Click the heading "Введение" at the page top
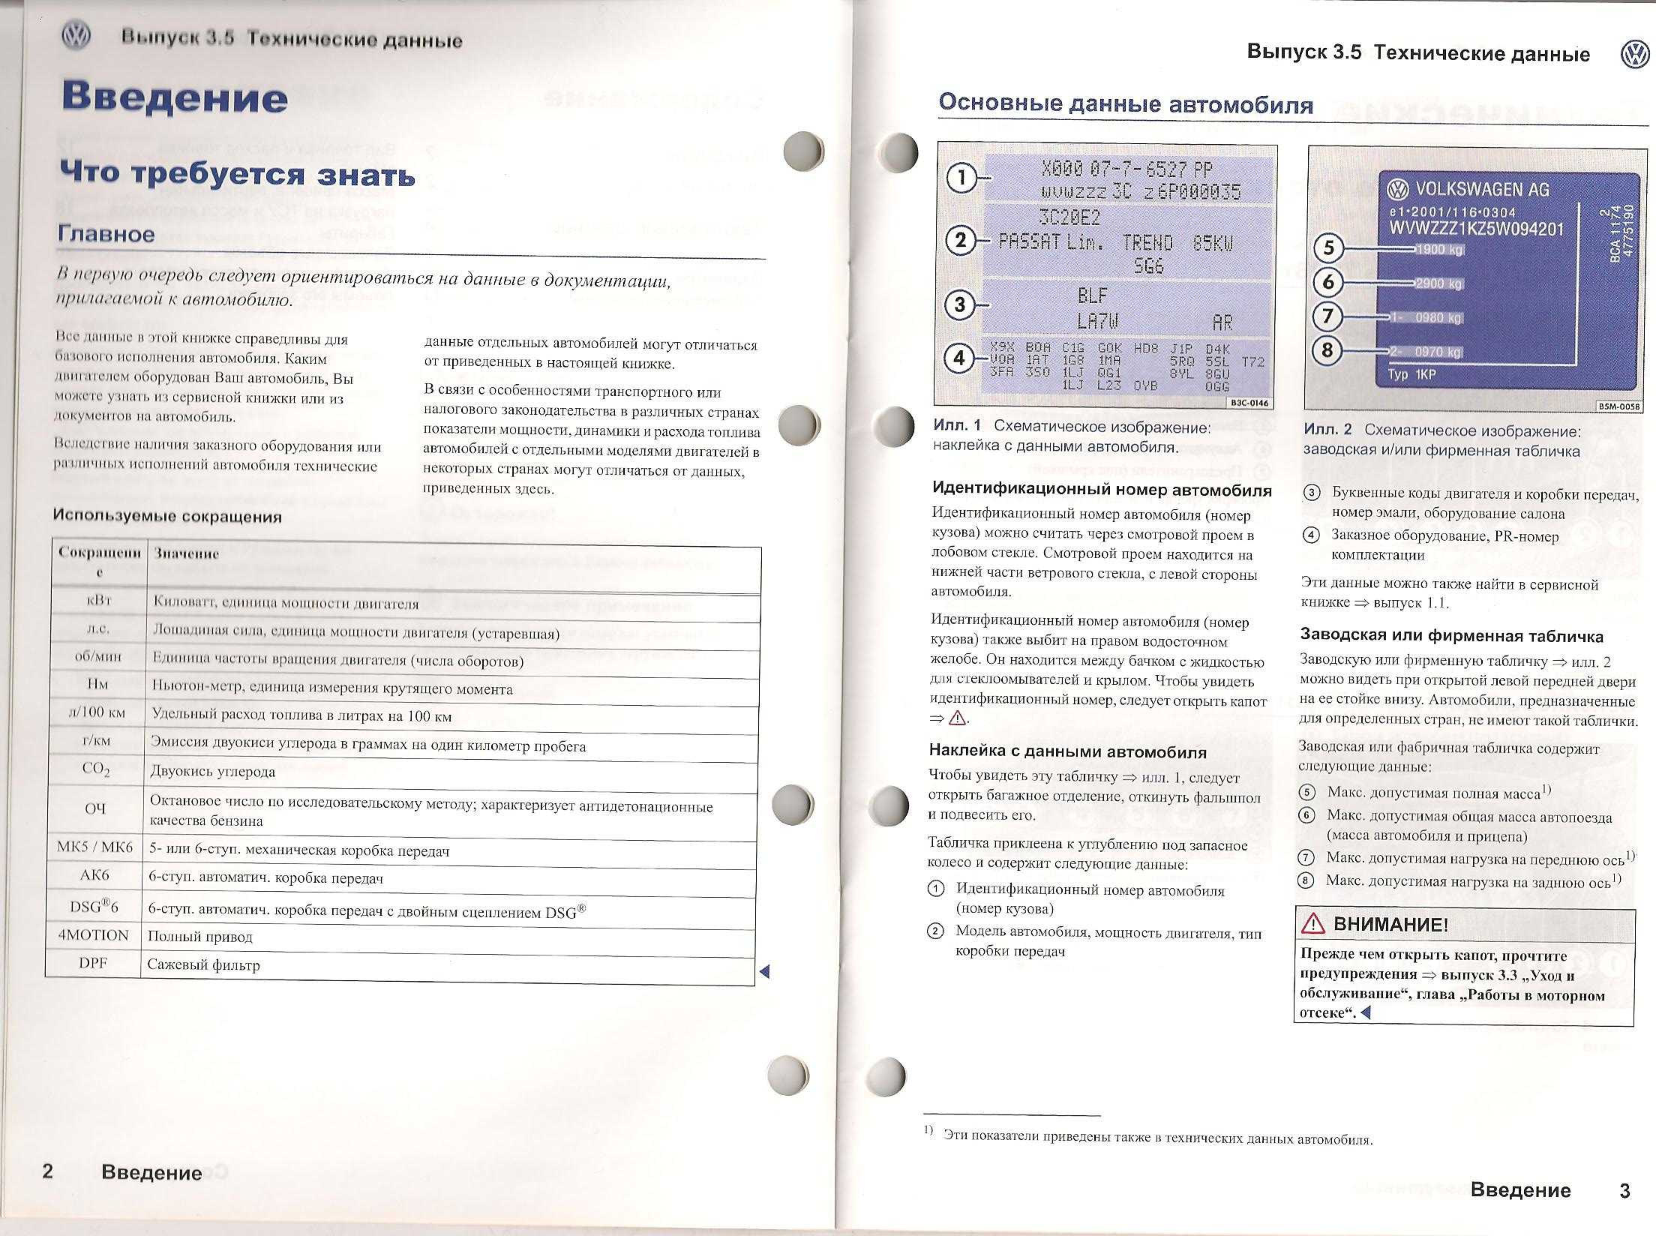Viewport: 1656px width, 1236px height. pyautogui.click(x=175, y=97)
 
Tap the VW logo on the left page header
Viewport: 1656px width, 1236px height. pyautogui.click(x=76, y=36)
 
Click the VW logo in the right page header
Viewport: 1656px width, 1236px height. pyautogui.click(x=1635, y=54)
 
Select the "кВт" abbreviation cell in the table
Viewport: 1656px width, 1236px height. pyautogui.click(x=100, y=601)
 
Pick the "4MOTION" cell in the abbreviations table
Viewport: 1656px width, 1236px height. pyautogui.click(x=94, y=935)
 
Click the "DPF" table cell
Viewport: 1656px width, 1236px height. pyautogui.click(x=94, y=963)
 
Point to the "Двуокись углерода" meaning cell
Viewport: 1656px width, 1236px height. pyautogui.click(x=213, y=772)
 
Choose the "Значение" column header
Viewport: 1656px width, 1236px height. pyautogui.click(x=187, y=553)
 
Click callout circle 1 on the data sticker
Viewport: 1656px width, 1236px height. pyautogui.click(x=960, y=178)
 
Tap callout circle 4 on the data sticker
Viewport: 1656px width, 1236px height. pyautogui.click(x=958, y=358)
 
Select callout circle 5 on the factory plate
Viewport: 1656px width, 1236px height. pyautogui.click(x=1328, y=248)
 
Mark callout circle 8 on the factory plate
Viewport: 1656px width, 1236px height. pyautogui.click(x=1327, y=349)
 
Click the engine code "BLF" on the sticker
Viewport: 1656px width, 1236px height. pyautogui.click(x=1092, y=295)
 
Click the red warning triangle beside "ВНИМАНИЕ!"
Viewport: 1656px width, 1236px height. pyautogui.click(x=1313, y=925)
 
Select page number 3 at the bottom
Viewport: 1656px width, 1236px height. pyautogui.click(x=1624, y=1190)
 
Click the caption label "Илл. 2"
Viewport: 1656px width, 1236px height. pyautogui.click(x=1327, y=430)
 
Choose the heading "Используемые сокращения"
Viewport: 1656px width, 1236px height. pyautogui.click(x=167, y=516)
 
